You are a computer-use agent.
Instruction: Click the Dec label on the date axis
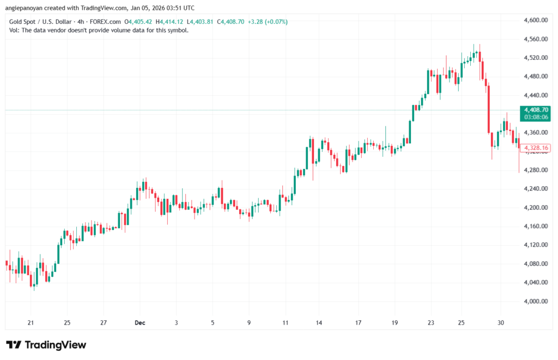140,322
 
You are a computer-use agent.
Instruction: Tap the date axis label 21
31,322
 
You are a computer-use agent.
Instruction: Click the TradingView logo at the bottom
46,345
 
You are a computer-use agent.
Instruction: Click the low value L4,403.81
202,22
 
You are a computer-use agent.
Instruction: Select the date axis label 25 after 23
461,322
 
